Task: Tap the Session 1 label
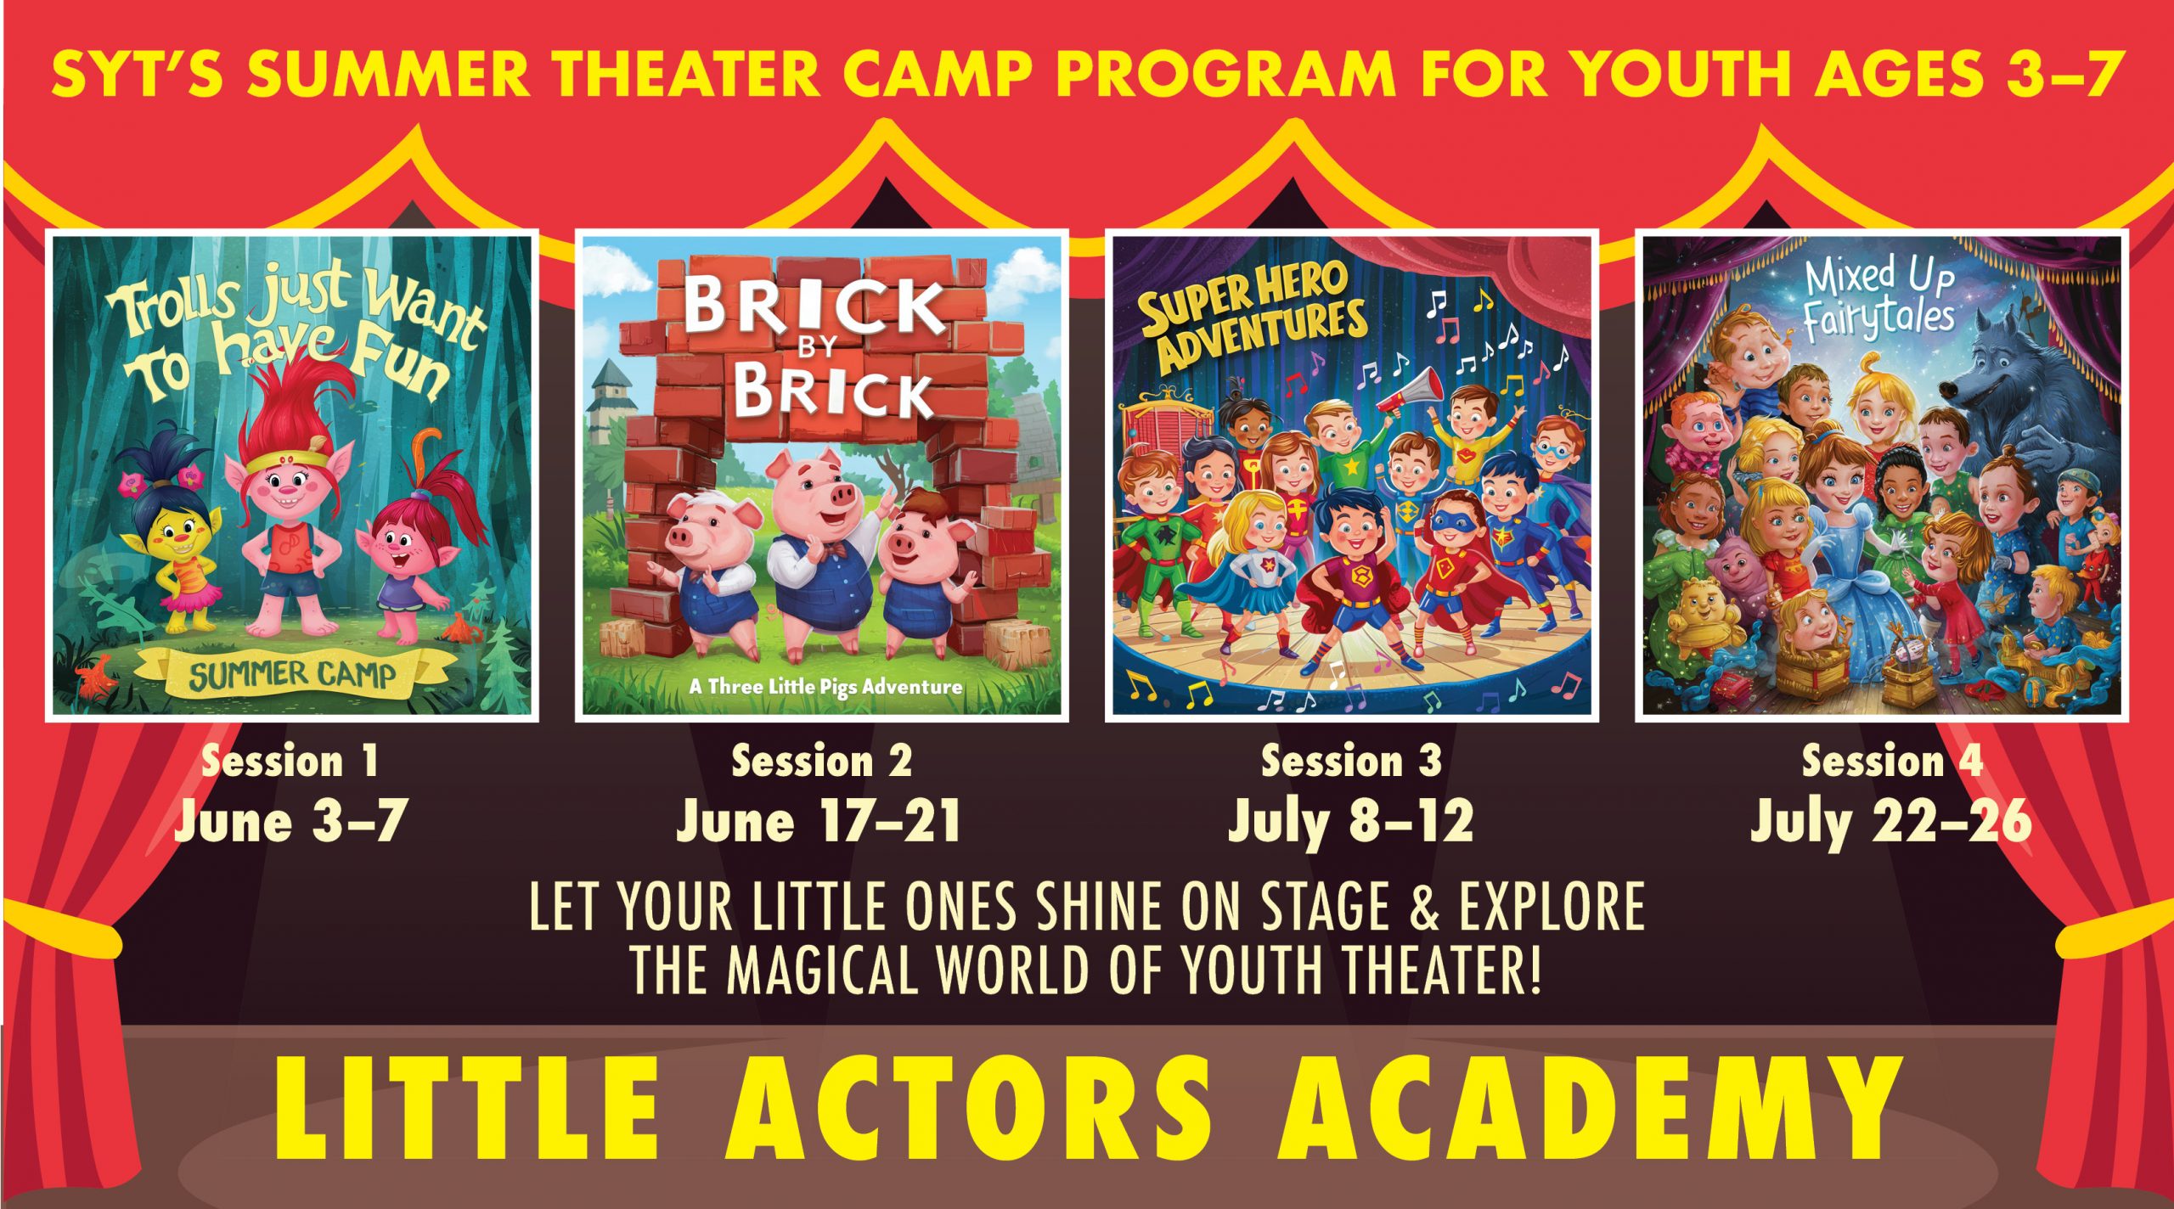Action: click(290, 761)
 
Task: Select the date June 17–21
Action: click(819, 822)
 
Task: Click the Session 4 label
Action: click(1892, 761)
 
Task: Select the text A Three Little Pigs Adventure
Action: click(825, 686)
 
